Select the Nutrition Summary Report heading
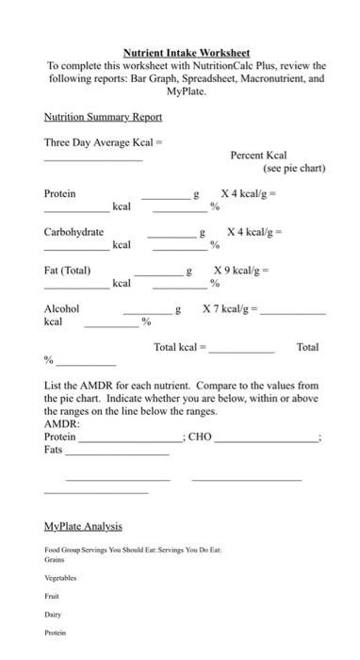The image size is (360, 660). point(103,117)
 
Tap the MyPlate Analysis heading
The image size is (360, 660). point(83,526)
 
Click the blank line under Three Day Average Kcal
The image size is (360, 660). point(93,161)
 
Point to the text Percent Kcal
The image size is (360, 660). point(258,156)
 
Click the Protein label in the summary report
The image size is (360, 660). point(59,193)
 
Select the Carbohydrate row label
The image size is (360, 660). point(74,232)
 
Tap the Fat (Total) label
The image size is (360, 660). point(67,271)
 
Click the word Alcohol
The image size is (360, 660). point(61,308)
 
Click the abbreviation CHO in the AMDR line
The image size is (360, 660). point(200,437)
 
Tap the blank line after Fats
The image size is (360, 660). point(117,454)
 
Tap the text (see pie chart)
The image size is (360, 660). point(294,169)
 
